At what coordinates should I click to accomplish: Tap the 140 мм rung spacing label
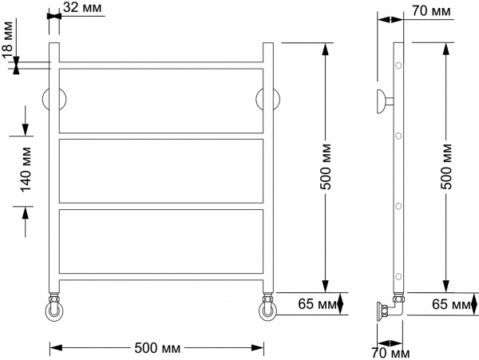click(x=26, y=168)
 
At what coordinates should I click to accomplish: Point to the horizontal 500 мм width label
click(x=158, y=349)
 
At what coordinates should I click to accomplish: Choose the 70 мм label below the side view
click(x=391, y=352)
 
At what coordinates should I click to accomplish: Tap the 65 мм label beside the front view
click(x=313, y=304)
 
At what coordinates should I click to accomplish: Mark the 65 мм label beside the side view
click(x=449, y=304)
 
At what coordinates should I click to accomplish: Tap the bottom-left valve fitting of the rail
click(x=54, y=310)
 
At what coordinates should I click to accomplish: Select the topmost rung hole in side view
click(x=398, y=65)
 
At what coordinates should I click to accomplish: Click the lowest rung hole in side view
click(x=398, y=276)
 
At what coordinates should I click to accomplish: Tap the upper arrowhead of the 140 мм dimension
click(x=26, y=129)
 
